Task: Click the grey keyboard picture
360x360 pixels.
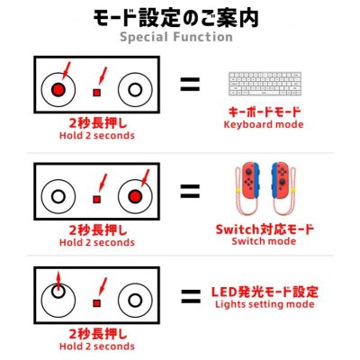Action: pyautogui.click(x=265, y=84)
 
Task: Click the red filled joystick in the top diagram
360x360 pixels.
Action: pyautogui.click(x=58, y=89)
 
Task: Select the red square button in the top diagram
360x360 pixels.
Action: pyautogui.click(x=96, y=93)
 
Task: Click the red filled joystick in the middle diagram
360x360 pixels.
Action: pyautogui.click(x=135, y=196)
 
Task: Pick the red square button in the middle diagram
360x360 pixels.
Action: pyautogui.click(x=96, y=199)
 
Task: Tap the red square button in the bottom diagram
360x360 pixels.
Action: pyautogui.click(x=96, y=303)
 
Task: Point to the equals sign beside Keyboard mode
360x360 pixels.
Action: pyautogui.click(x=190, y=85)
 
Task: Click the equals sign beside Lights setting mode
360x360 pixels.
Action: pyautogui.click(x=191, y=296)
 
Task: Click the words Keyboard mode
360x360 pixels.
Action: pyautogui.click(x=264, y=124)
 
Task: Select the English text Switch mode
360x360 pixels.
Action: pyautogui.click(x=264, y=241)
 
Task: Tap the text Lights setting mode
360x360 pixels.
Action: pyautogui.click(x=265, y=304)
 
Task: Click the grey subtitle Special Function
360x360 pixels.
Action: pyautogui.click(x=176, y=37)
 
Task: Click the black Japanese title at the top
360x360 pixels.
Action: pyautogui.click(x=176, y=18)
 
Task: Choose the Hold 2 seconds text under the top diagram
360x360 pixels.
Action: pyautogui.click(x=97, y=136)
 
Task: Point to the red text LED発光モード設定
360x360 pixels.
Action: pyautogui.click(x=265, y=292)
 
